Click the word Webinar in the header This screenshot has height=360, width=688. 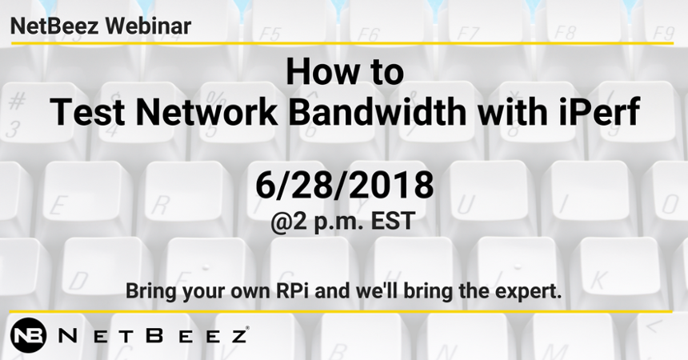click(x=147, y=26)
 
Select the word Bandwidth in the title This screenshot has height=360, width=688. click(x=378, y=112)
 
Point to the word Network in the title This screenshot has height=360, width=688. click(x=206, y=112)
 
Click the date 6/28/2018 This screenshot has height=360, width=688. click(x=345, y=185)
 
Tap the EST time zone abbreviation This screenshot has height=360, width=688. click(x=393, y=221)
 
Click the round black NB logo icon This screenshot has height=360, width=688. click(x=28, y=335)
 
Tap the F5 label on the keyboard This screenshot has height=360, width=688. click(x=269, y=34)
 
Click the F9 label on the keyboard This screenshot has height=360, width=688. click(x=663, y=34)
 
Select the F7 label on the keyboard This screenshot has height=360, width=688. click(x=466, y=34)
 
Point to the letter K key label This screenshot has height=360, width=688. click(x=599, y=280)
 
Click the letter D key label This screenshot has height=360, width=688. click(x=79, y=281)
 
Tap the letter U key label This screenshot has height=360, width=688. click(x=466, y=205)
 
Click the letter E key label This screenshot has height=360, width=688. click(x=58, y=206)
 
